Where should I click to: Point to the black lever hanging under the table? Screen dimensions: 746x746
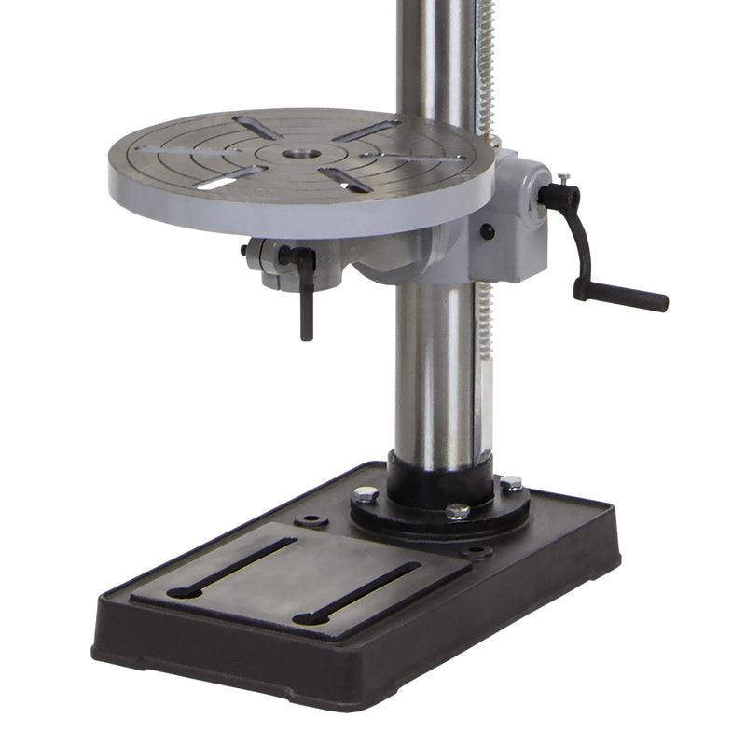(x=306, y=298)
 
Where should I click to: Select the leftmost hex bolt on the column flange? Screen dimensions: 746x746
(x=366, y=494)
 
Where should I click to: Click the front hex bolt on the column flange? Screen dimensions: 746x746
(x=457, y=512)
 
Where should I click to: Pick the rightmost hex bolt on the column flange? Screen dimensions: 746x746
(x=511, y=484)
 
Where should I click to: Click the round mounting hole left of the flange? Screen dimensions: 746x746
(x=311, y=519)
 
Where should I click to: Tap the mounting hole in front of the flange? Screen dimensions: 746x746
(x=477, y=552)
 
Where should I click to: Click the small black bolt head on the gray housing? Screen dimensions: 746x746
(x=487, y=232)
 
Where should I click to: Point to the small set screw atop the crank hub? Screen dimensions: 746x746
(x=564, y=176)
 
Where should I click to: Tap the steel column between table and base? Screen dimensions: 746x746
(x=433, y=373)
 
